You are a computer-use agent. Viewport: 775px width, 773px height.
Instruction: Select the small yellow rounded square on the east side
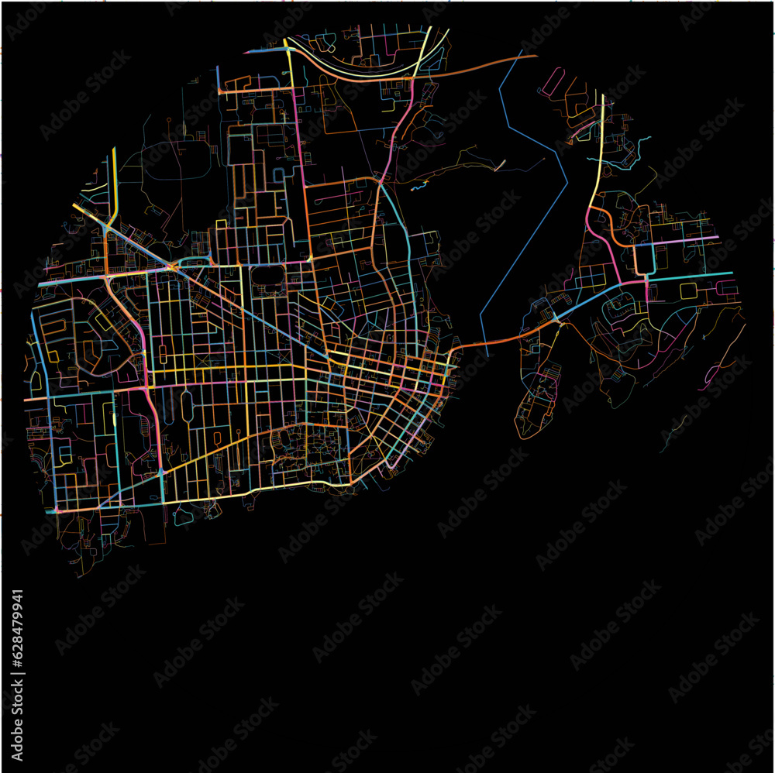687,290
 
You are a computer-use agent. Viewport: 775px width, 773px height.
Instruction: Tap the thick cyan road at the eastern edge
697,276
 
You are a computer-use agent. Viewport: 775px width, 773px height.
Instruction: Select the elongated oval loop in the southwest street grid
186,407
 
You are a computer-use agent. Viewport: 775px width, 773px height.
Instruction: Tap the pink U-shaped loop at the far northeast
553,81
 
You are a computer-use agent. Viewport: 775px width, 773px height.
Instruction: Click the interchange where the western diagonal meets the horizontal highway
170,267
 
